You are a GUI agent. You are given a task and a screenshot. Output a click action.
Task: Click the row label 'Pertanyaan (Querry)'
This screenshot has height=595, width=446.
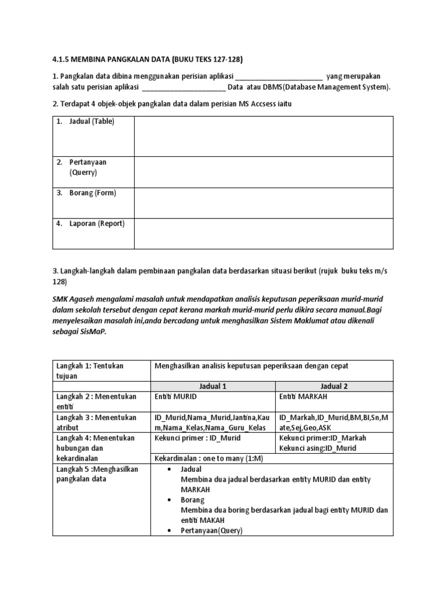click(85, 167)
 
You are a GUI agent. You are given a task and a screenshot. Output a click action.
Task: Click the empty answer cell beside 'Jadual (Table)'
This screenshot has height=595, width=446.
click(263, 137)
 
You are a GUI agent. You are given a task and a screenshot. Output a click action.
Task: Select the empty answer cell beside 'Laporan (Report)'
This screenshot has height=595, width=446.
click(263, 233)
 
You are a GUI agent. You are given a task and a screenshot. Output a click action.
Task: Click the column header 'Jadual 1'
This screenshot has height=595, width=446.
click(213, 386)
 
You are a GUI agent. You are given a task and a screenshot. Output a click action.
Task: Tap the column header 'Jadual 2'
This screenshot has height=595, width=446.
click(334, 386)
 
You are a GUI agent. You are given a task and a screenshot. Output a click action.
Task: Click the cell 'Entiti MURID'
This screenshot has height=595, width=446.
click(176, 396)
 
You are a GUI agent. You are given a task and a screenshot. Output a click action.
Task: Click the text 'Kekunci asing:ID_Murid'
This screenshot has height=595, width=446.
click(318, 448)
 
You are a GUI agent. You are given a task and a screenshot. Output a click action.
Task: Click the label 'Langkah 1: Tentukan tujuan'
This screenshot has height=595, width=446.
click(90, 371)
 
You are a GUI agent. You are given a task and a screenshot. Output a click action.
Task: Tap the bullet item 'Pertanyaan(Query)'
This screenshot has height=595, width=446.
click(211, 531)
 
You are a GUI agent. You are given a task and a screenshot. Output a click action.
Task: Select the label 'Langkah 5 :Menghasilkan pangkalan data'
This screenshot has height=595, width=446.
click(98, 474)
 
